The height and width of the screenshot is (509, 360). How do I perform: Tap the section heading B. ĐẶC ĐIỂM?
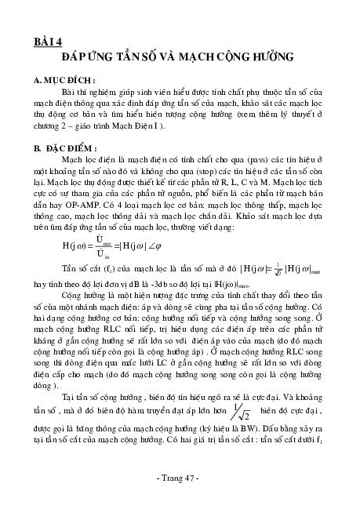click(67, 147)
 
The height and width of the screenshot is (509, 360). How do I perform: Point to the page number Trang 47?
click(180, 479)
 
